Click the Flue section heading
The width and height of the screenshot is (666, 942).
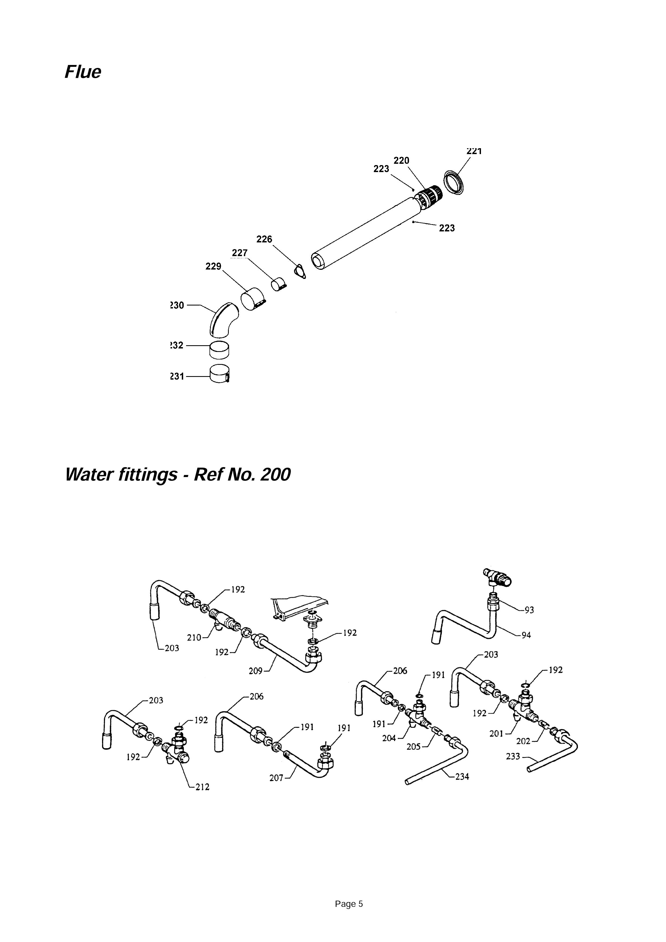pos(83,72)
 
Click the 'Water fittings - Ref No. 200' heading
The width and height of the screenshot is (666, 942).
pos(178,475)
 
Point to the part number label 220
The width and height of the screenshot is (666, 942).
pos(401,161)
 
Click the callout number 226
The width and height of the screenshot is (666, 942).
pos(264,239)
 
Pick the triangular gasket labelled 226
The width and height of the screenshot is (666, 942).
pos(301,271)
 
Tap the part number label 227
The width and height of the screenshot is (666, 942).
pos(240,253)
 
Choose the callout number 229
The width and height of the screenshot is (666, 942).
pos(213,267)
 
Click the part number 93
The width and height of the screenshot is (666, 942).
pos(529,610)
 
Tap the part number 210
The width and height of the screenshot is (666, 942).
pos(194,638)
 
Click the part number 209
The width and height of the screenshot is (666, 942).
pos(256,671)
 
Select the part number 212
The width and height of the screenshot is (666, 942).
pos(202,787)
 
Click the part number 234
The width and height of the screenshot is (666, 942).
pos(462,776)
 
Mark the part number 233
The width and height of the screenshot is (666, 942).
pos(513,756)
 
